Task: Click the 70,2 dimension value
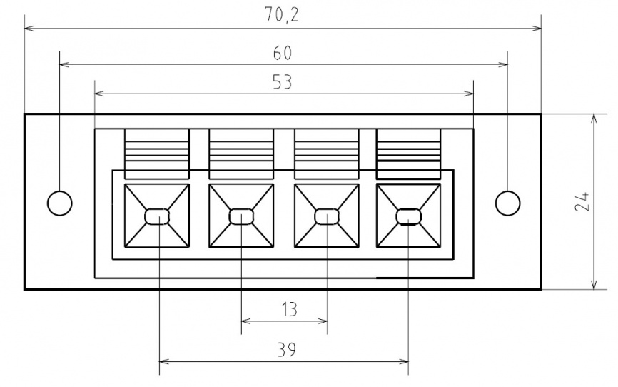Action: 282,15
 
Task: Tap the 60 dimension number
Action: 283,54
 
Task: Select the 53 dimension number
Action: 282,82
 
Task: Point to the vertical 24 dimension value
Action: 582,201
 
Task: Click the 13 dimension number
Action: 289,309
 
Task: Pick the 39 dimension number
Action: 287,350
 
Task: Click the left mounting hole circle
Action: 59,203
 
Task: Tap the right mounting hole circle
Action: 507,203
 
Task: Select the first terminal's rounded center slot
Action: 158,216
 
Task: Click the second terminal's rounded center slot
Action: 242,216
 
